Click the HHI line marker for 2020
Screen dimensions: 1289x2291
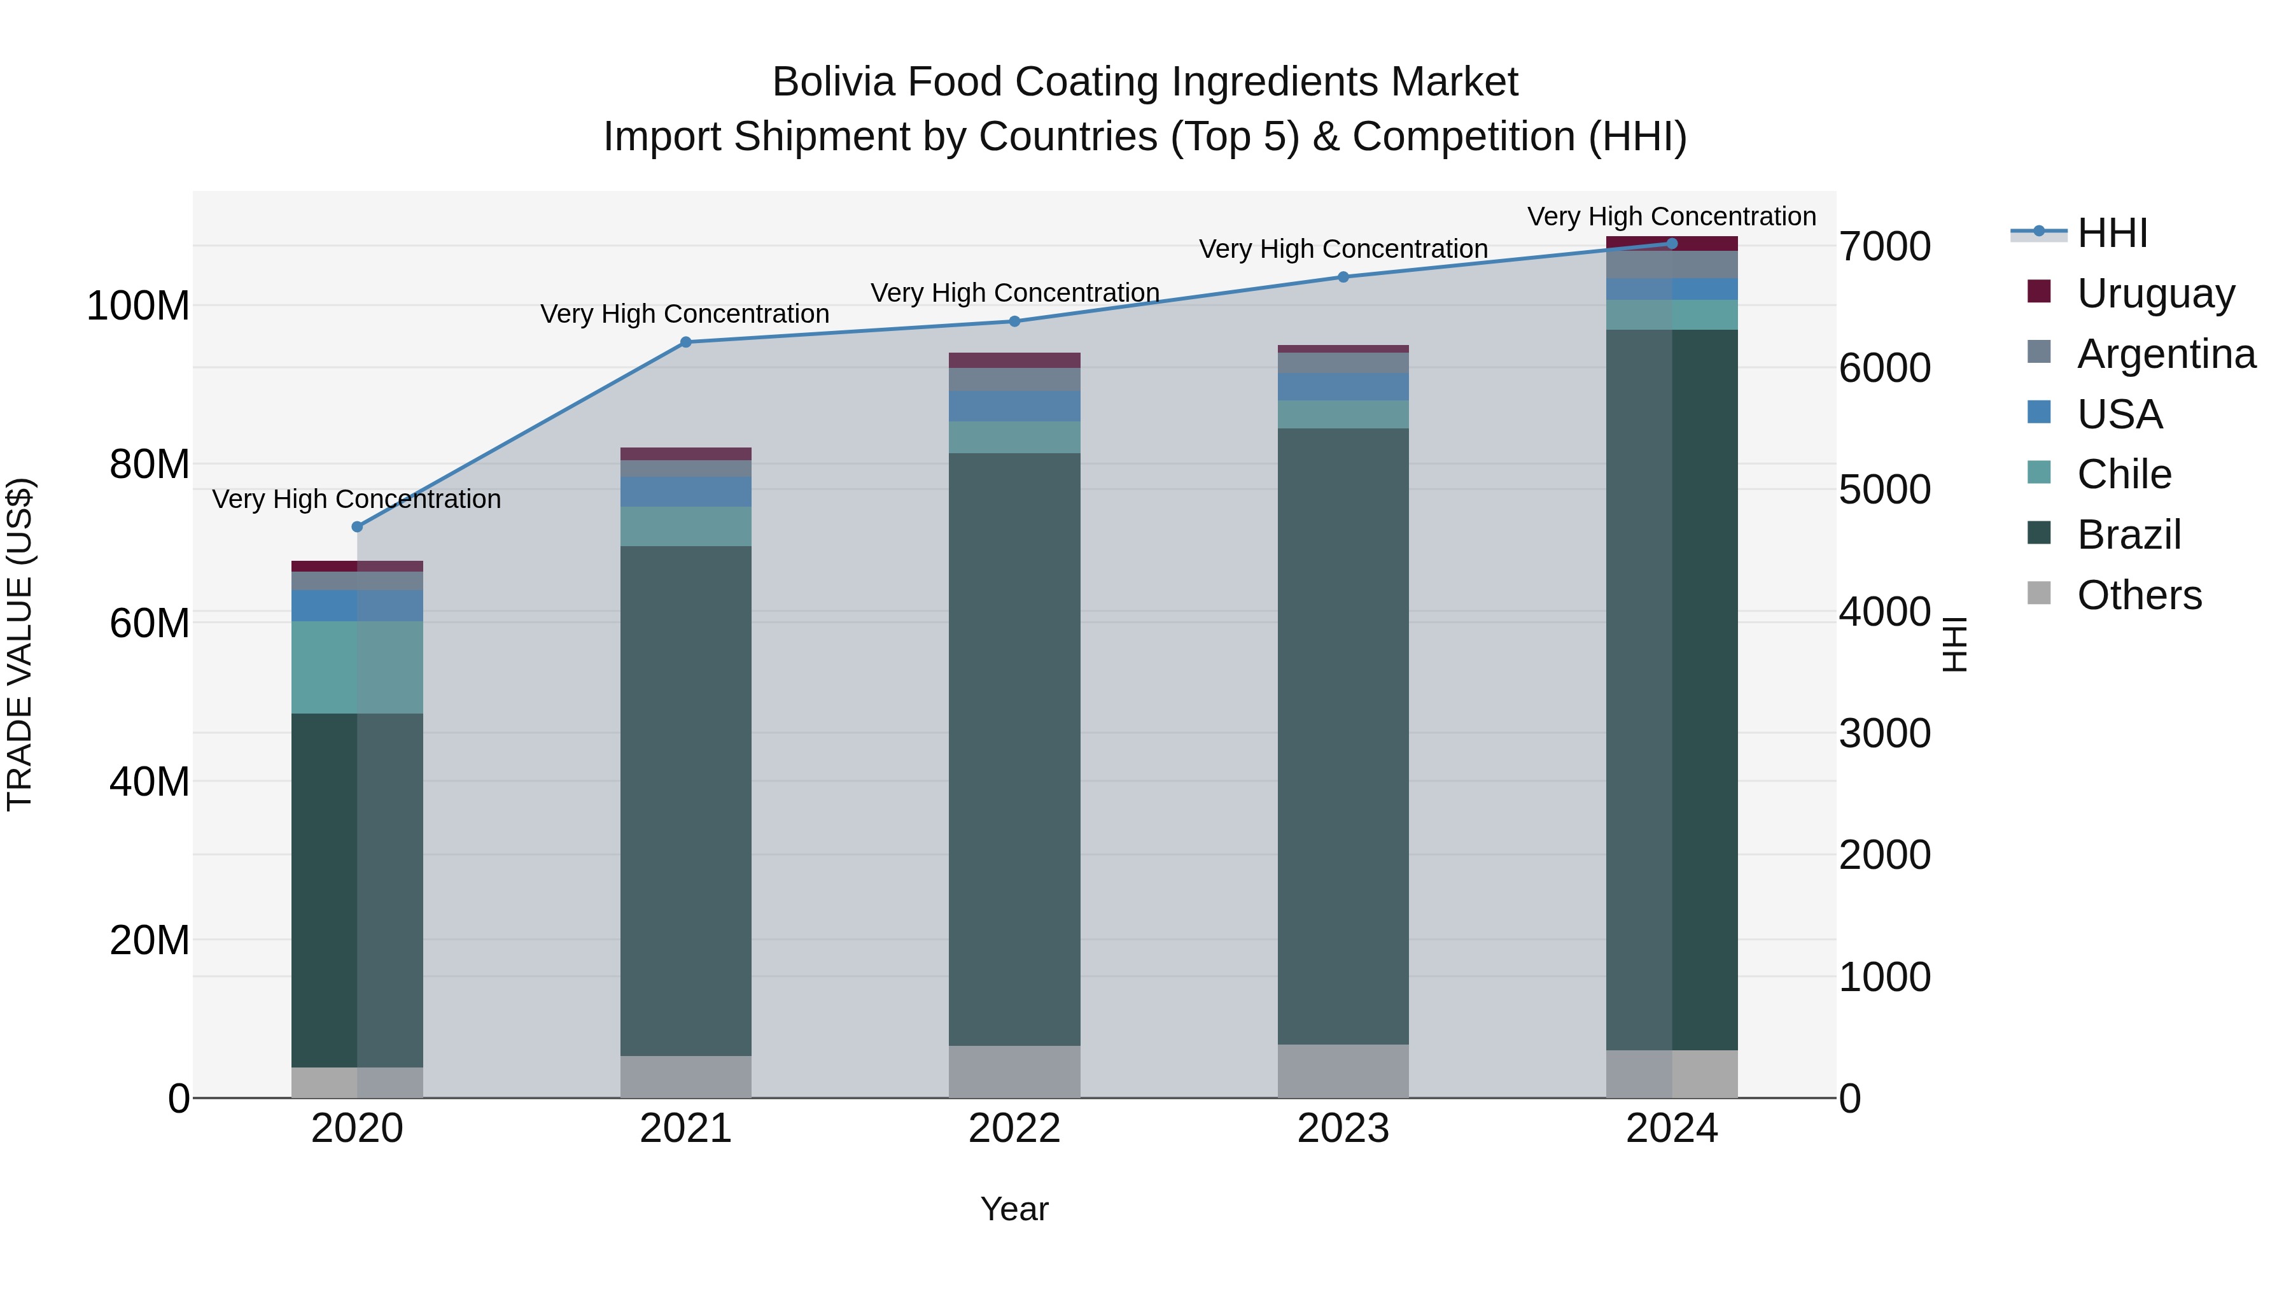coord(358,526)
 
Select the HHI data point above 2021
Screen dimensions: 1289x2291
coord(685,342)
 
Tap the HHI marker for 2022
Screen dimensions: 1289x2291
coord(1015,321)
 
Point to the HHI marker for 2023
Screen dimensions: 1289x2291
coord(1343,277)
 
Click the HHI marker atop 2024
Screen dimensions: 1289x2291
coord(1672,244)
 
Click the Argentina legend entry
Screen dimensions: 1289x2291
coord(2166,354)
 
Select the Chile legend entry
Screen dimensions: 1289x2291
coord(2124,474)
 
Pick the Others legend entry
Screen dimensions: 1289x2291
coord(2139,595)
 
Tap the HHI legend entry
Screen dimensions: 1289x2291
coord(2112,233)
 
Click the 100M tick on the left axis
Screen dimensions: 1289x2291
coord(138,306)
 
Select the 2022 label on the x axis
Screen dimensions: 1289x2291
coord(1015,1129)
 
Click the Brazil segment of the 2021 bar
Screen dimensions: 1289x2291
coord(685,801)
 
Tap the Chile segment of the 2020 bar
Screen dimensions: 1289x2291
coord(358,667)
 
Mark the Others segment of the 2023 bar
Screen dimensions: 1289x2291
coord(1343,1071)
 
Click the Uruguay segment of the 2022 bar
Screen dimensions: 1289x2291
coord(1015,360)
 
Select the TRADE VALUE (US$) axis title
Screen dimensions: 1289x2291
coord(20,644)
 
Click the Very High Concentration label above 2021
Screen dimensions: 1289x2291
coord(685,314)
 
